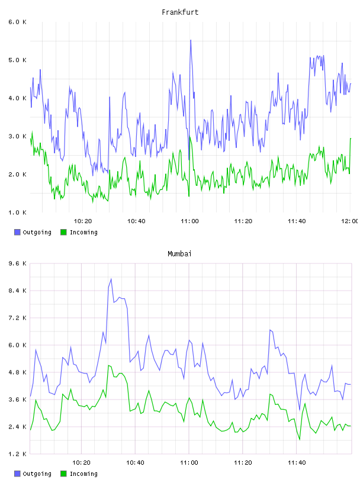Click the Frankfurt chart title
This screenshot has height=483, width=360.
[x=180, y=12]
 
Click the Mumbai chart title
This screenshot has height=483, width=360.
[x=179, y=254]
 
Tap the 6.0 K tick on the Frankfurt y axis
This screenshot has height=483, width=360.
[x=17, y=22]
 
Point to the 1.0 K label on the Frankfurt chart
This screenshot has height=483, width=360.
[x=17, y=212]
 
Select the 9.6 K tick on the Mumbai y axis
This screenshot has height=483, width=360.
[x=17, y=263]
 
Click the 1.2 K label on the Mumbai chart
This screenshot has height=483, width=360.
[x=17, y=454]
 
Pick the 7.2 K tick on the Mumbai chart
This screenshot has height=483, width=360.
[x=17, y=318]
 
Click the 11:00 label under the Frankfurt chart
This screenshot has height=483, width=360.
[x=189, y=221]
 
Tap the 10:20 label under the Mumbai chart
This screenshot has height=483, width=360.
[x=81, y=463]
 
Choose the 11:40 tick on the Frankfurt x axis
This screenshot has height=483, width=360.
[x=297, y=221]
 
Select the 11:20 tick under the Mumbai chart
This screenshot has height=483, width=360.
[x=243, y=463]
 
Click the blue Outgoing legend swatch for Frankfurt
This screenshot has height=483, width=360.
[x=17, y=232]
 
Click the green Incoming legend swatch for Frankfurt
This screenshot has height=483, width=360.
[x=63, y=232]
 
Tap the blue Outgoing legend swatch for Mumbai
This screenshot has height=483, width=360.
[x=17, y=474]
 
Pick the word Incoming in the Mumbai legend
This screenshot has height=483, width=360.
[x=83, y=474]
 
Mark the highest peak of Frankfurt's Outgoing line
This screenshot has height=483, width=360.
[x=191, y=40]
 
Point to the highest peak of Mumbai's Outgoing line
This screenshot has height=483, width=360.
[x=111, y=279]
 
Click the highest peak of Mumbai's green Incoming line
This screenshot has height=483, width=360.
[x=108, y=365]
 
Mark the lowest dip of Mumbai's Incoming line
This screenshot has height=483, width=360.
[x=300, y=440]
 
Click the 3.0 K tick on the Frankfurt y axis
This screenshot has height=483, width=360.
[x=17, y=137]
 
